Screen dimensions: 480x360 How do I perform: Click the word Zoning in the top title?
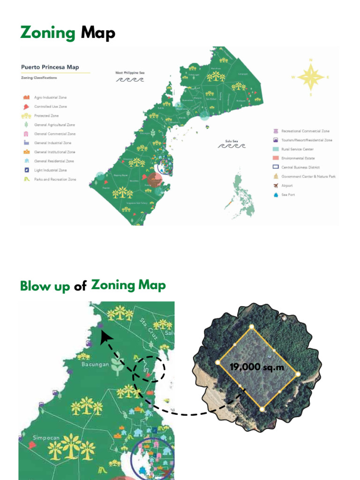(x=48, y=33)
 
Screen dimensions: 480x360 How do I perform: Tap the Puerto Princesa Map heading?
(x=50, y=67)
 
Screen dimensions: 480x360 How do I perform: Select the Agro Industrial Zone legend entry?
(x=50, y=97)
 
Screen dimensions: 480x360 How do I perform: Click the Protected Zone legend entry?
(x=46, y=116)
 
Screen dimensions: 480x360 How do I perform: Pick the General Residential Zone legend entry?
(x=54, y=161)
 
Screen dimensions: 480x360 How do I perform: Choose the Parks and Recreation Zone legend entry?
(x=55, y=180)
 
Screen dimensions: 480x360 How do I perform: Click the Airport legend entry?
(x=286, y=186)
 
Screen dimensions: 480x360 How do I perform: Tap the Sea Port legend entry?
(x=288, y=195)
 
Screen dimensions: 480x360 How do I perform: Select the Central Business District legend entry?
(x=300, y=167)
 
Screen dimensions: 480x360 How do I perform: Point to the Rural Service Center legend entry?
(x=297, y=149)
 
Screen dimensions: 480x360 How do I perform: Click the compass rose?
(x=310, y=76)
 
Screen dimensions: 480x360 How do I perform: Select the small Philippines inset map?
(x=242, y=195)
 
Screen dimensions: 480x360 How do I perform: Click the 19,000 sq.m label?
(x=257, y=367)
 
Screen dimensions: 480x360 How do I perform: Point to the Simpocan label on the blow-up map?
(x=46, y=438)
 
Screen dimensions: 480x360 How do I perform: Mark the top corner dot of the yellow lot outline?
(x=251, y=327)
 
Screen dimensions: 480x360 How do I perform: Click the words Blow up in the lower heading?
(x=45, y=286)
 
